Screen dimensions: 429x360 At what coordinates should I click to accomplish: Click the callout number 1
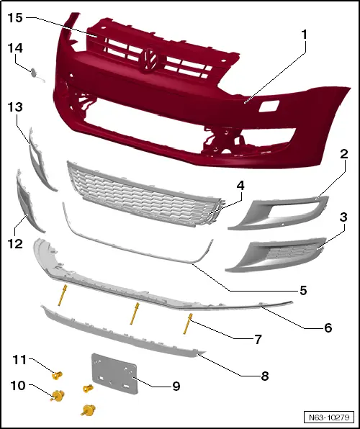tap(305, 34)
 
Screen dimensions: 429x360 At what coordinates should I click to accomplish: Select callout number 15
tap(16, 17)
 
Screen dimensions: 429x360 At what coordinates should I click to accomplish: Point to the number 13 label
tap(16, 107)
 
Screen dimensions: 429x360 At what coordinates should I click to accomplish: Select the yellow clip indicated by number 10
tap(55, 394)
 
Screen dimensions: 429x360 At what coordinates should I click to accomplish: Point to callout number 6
tap(328, 328)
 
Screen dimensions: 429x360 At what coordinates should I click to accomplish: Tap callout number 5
tap(303, 291)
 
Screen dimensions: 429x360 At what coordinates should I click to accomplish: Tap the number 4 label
tap(240, 185)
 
